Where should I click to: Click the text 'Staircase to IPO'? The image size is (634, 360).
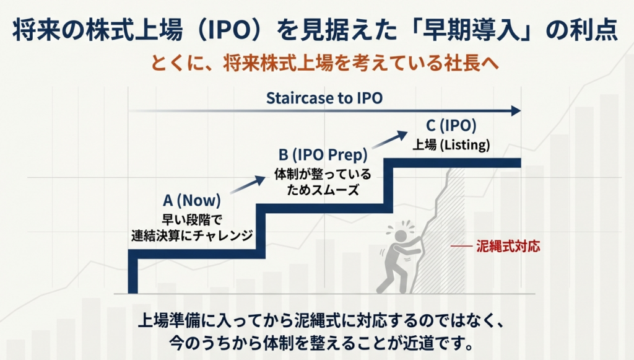[x=324, y=98]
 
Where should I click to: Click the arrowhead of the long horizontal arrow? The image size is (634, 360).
[x=516, y=110]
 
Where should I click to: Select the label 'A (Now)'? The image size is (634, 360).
[x=192, y=200]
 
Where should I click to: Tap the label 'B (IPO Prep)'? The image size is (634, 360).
[x=323, y=154]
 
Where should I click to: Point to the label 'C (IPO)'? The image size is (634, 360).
[x=451, y=126]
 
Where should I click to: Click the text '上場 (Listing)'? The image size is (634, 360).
[x=451, y=145]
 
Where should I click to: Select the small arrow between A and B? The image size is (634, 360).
[x=248, y=185]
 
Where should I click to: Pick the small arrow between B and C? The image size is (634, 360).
[x=390, y=139]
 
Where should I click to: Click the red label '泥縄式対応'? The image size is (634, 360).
[x=508, y=246]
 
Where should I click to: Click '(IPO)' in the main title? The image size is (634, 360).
[x=230, y=30]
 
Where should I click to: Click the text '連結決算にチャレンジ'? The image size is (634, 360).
[x=192, y=235]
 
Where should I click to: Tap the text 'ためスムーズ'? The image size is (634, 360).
[x=323, y=190]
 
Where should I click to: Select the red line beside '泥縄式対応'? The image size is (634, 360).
[x=461, y=246]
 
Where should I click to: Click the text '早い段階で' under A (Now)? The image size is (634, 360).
[x=192, y=219]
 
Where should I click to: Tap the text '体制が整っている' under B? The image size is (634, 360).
[x=323, y=174]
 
